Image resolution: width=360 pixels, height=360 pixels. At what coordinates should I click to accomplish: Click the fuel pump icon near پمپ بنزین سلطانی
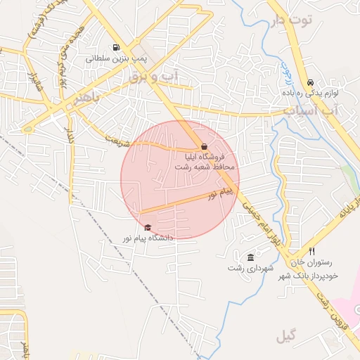(x=115, y=49)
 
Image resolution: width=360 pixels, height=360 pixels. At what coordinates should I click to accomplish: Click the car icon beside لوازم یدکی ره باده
(x=311, y=82)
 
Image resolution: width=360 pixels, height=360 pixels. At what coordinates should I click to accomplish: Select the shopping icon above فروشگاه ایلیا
(x=205, y=146)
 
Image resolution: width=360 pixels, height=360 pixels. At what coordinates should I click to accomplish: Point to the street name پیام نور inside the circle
(x=220, y=195)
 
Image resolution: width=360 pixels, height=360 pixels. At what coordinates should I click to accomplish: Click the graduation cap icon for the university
(x=148, y=227)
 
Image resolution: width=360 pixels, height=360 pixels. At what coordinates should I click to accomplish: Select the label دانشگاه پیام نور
(x=148, y=238)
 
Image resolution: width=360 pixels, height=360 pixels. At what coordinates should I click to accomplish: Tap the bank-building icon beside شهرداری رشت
(x=251, y=257)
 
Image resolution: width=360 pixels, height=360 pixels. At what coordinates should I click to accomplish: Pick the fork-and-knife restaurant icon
(x=312, y=251)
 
